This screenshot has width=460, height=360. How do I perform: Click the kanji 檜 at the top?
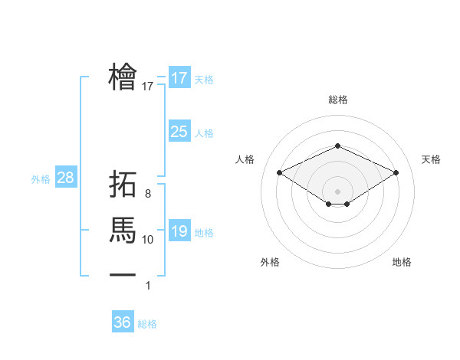pos(123,76)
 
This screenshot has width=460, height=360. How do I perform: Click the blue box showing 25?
pos(179,132)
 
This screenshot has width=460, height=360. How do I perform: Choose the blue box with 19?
pos(179,231)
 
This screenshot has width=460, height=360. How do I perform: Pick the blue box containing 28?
pos(65,178)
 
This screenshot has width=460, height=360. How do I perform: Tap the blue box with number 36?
pos(122,322)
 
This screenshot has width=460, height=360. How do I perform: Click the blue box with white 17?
pos(179,78)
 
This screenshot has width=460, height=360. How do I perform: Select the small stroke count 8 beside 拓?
pos(148,194)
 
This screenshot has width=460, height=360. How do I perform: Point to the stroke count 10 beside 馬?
pos(148,240)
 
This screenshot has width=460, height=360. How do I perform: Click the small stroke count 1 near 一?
pos(148,286)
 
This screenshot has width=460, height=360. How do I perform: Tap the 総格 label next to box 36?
pos(147,324)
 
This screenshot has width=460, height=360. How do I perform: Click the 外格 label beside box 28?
pos(41,179)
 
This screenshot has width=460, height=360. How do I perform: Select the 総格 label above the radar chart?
pos(337,100)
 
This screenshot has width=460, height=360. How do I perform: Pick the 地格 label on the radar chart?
pos(402,262)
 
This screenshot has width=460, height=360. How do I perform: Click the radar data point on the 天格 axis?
pos(396,172)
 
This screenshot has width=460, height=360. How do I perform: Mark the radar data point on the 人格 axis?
pos(279,172)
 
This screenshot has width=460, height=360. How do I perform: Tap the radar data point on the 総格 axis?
pos(337,146)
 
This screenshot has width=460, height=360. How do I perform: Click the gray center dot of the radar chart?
pos(337,190)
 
